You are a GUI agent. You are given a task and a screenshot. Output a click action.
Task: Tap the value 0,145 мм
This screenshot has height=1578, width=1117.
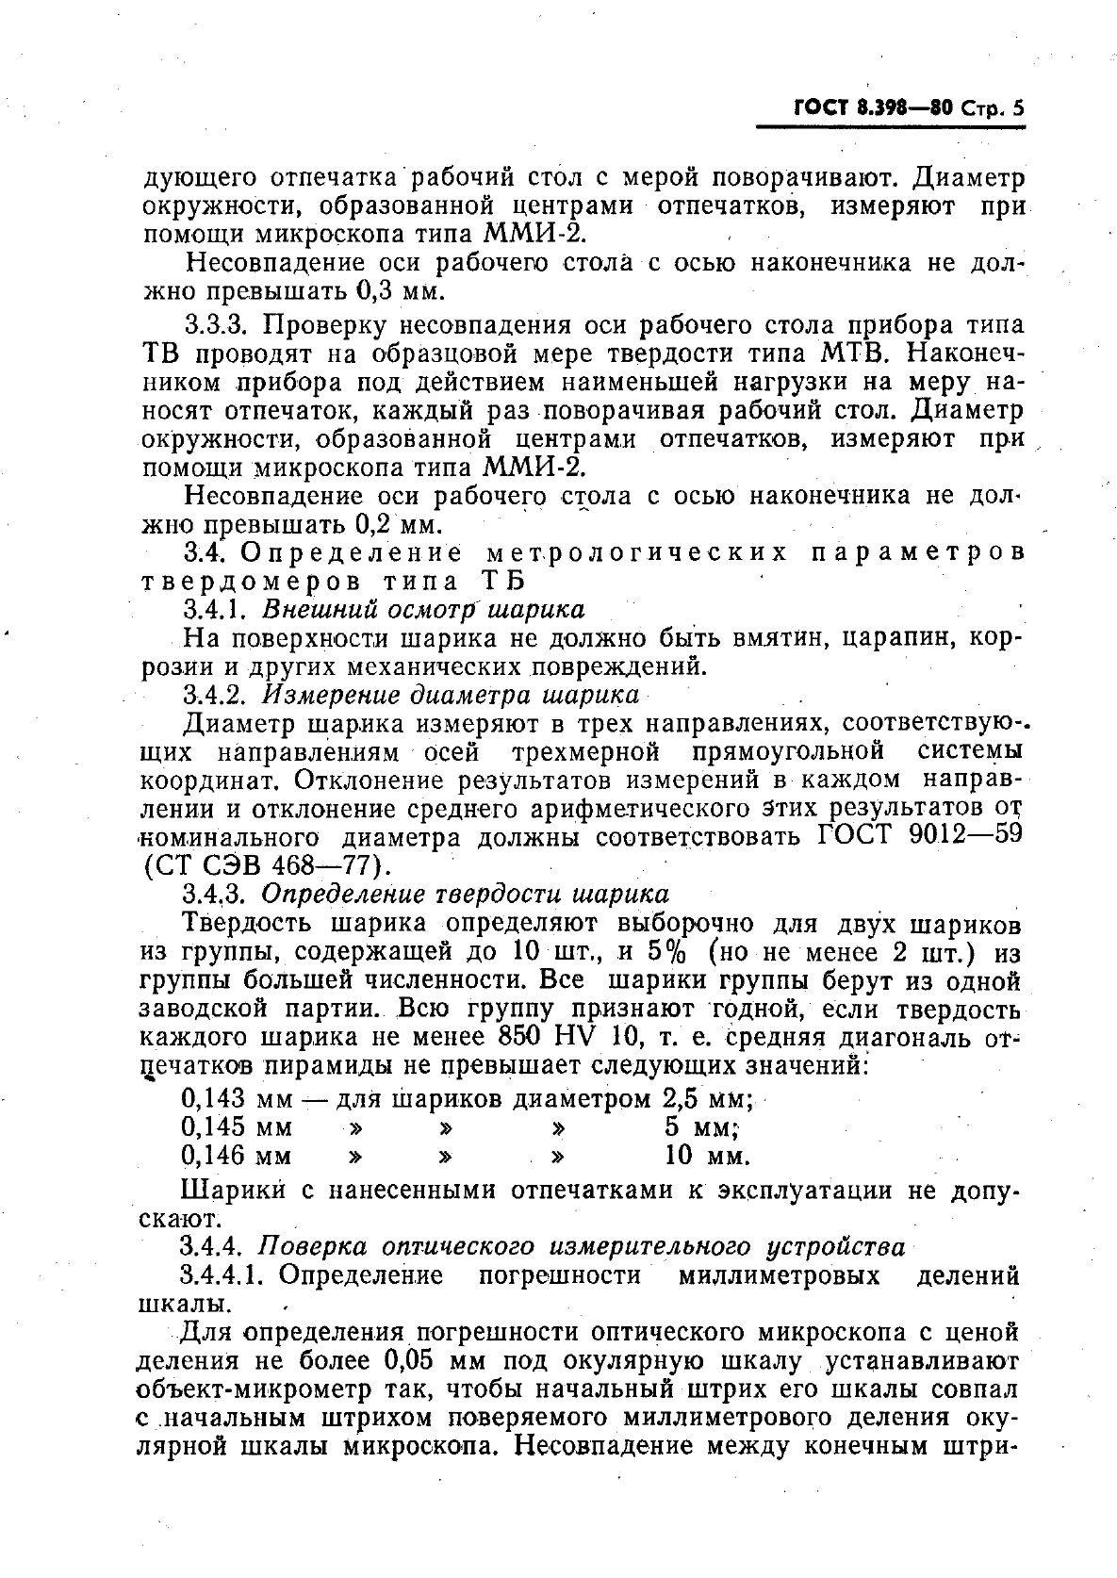pos(236,1126)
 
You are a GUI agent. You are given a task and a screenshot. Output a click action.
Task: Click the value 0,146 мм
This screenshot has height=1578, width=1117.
pos(236,1155)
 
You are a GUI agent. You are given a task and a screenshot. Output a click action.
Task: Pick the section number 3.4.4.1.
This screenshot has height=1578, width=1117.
pos(226,1275)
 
